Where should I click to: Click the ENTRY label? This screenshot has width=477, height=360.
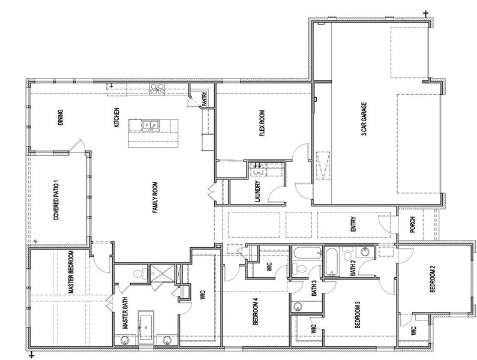pos(354,224)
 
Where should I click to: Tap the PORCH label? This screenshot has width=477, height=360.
pos(412,225)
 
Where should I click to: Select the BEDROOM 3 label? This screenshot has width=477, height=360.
pos(357,317)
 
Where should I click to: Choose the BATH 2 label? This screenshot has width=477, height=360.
pos(353,265)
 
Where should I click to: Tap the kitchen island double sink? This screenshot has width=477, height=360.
pos(151,125)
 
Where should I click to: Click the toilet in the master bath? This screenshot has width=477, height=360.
pos(137,274)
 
